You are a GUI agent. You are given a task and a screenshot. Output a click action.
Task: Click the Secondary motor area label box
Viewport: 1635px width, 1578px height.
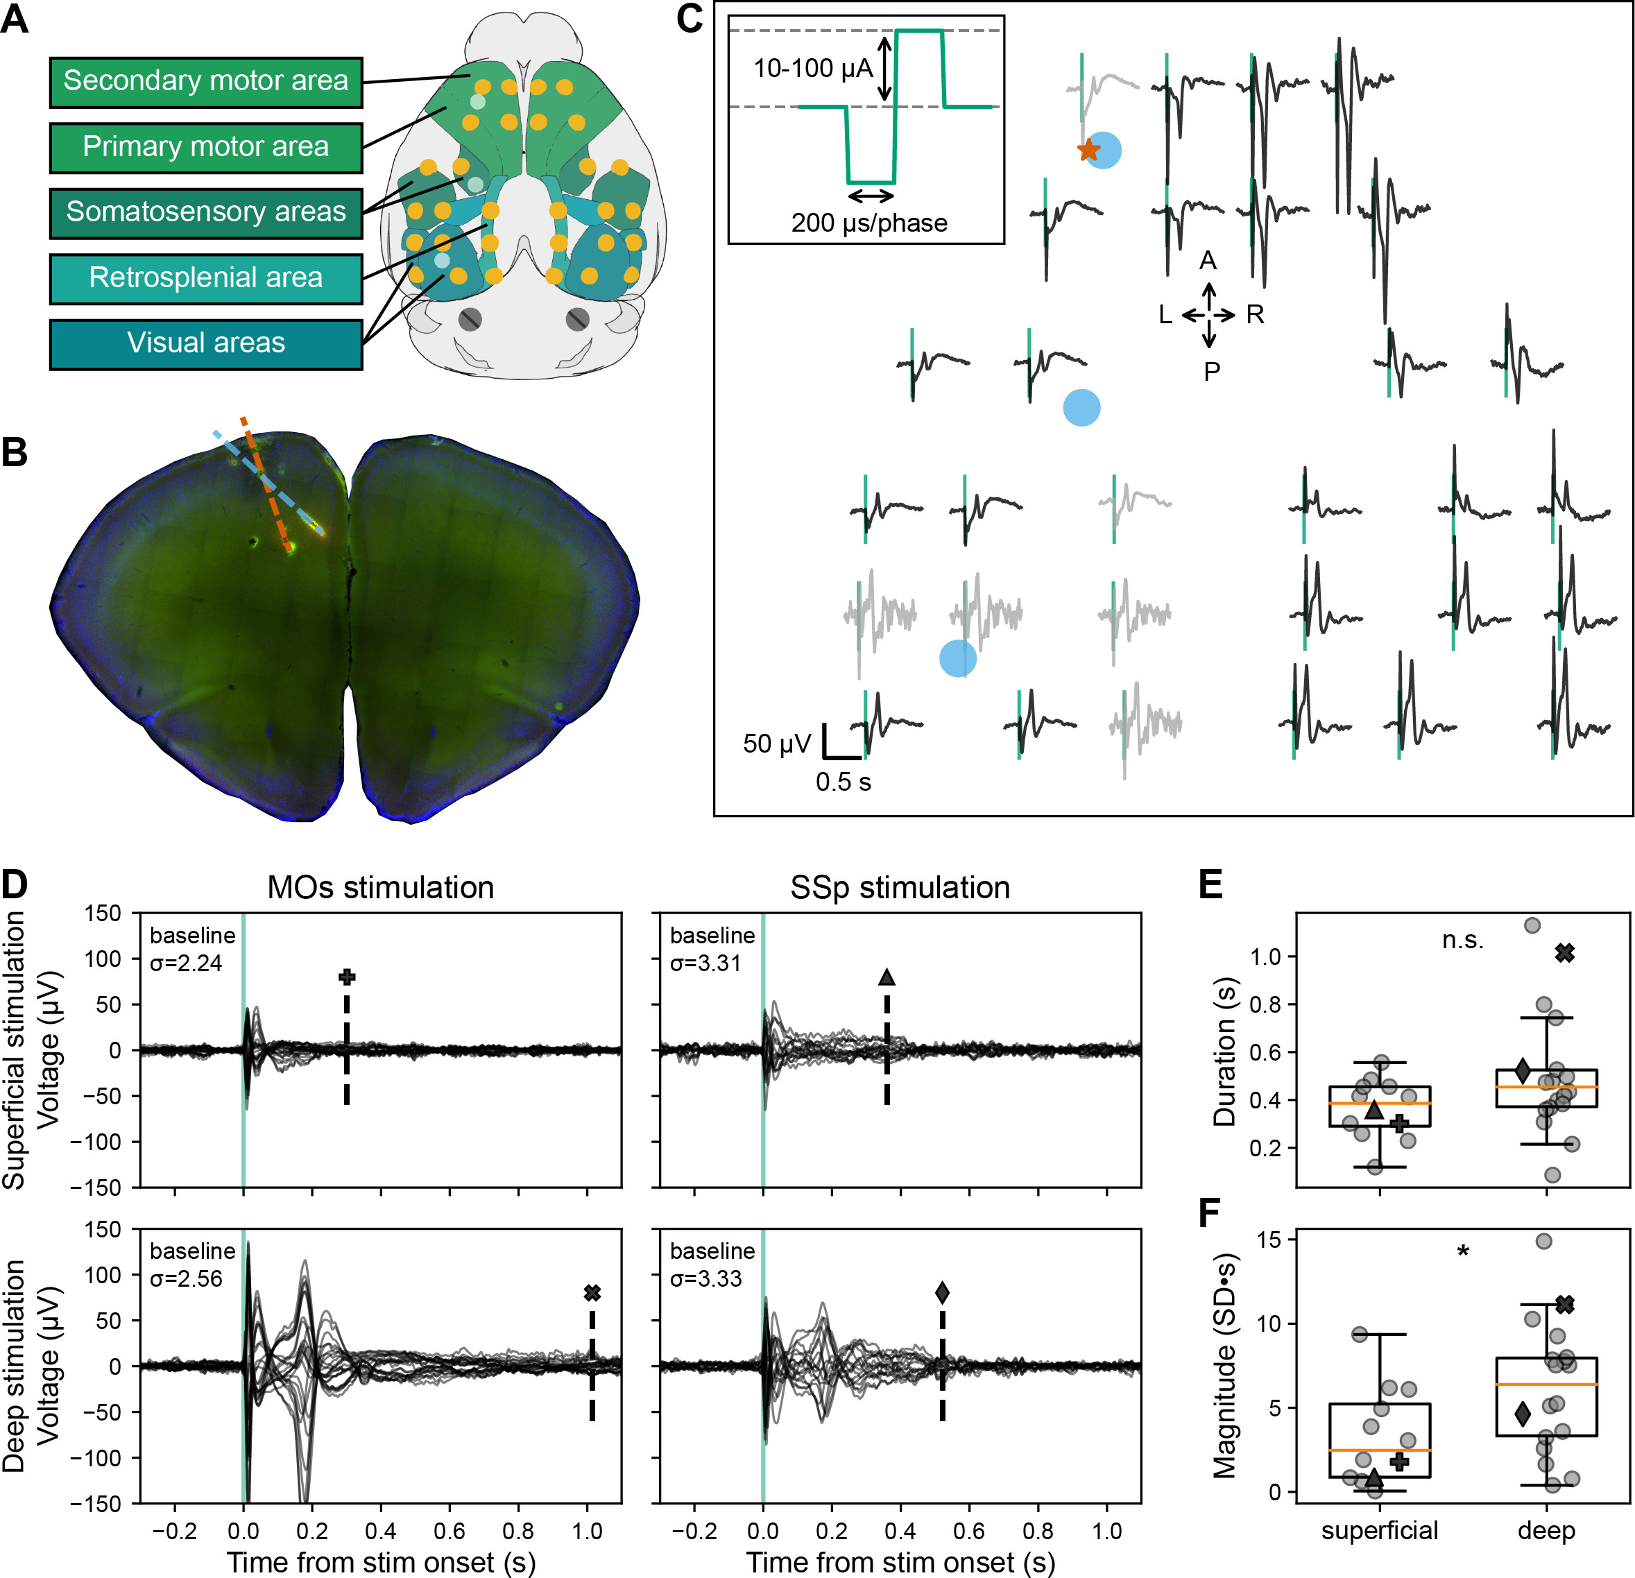click(x=205, y=82)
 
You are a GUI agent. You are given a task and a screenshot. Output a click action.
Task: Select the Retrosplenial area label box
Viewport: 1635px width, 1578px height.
click(x=205, y=277)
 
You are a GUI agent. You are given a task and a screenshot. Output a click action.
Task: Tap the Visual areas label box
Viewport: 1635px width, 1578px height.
click(x=205, y=343)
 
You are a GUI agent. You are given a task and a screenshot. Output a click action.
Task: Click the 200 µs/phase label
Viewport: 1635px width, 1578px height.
click(x=869, y=223)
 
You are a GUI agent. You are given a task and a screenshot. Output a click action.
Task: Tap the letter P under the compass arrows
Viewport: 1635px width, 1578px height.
click(x=1211, y=372)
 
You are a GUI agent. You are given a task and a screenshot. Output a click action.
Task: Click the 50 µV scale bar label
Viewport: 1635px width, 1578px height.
click(x=776, y=744)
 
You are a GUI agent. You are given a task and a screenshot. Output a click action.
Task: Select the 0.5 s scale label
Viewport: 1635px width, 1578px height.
click(x=843, y=782)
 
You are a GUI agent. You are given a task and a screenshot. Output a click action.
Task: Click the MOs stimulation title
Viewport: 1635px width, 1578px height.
click(x=380, y=887)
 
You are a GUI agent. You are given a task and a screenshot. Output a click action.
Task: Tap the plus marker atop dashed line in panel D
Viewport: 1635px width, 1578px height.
click(x=347, y=977)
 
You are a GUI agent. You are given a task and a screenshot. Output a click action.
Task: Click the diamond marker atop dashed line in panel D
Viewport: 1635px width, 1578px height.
click(x=942, y=1293)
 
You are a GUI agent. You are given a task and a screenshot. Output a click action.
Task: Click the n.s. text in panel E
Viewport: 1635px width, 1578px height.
click(x=1462, y=941)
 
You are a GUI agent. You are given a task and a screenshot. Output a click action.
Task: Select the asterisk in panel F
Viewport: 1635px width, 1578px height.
click(x=1462, y=1252)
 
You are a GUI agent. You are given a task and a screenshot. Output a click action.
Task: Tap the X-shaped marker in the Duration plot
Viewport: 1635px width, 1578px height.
click(x=1565, y=952)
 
